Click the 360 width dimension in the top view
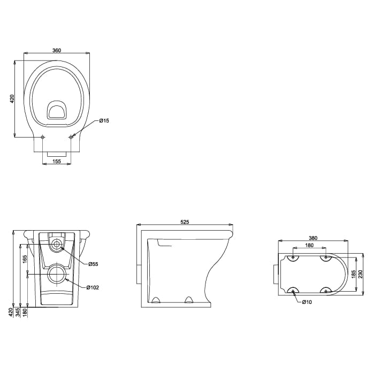57,50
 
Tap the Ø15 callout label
104,121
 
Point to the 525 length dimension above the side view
185,222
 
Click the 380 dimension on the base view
313,238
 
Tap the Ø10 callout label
307,303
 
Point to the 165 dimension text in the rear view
25,259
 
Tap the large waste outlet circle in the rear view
56,274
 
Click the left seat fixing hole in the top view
43,137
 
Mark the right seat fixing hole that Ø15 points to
71,137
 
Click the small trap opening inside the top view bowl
56,110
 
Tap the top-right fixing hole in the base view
324,258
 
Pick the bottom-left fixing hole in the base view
292,291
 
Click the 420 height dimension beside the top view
12,99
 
